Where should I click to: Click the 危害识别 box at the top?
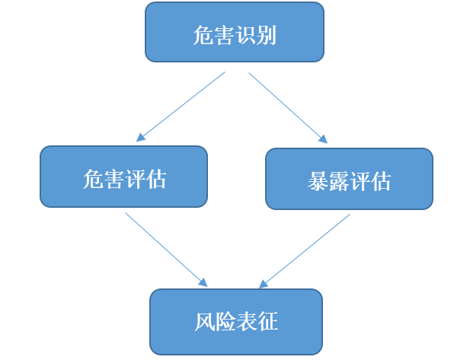coord(235,32)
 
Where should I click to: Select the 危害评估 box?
coord(123,177)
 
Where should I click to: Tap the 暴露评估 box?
coord(349,179)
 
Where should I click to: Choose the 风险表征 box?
coord(236,321)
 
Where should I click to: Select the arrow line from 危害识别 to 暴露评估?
coord(286,106)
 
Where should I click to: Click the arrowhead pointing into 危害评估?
coord(140,138)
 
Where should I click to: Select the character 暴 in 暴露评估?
coord(318,181)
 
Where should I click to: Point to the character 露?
coord(339,181)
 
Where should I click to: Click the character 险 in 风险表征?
coord(225,322)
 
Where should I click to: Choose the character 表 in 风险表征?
coord(247,322)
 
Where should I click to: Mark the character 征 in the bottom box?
coord(267,322)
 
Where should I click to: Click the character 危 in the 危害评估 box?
coord(93,179)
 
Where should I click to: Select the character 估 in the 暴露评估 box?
coord(381,181)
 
